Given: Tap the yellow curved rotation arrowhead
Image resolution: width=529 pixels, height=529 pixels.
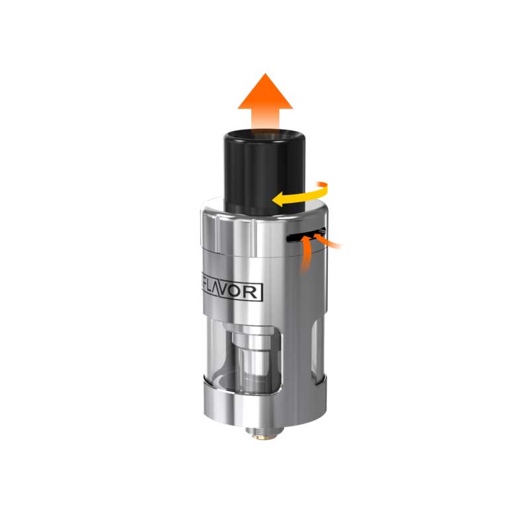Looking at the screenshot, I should coord(280,198).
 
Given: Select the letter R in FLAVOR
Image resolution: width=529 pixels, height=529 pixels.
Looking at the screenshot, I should coord(255,291).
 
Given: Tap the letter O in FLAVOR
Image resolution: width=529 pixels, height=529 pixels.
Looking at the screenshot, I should coord(242,291).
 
